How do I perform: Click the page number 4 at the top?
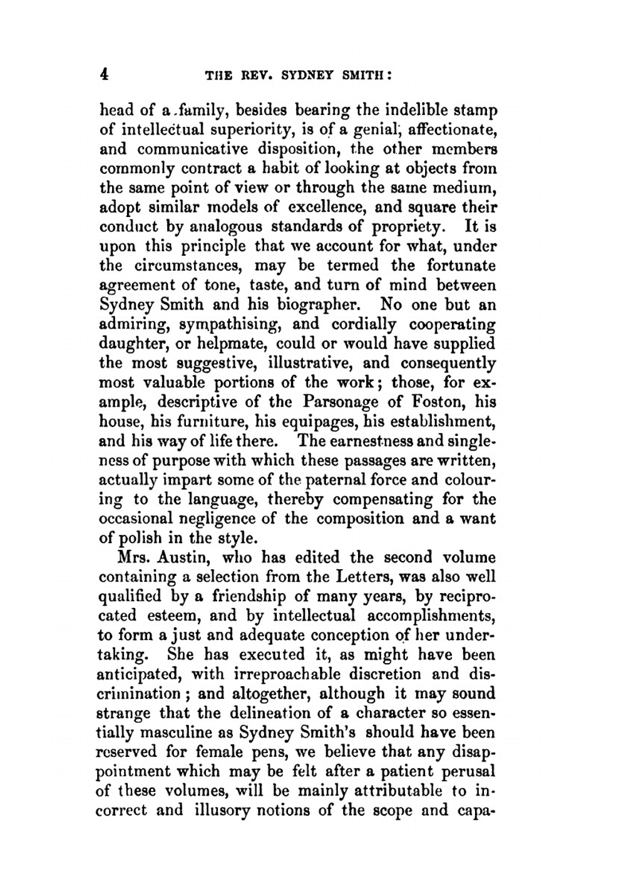tap(105, 74)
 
